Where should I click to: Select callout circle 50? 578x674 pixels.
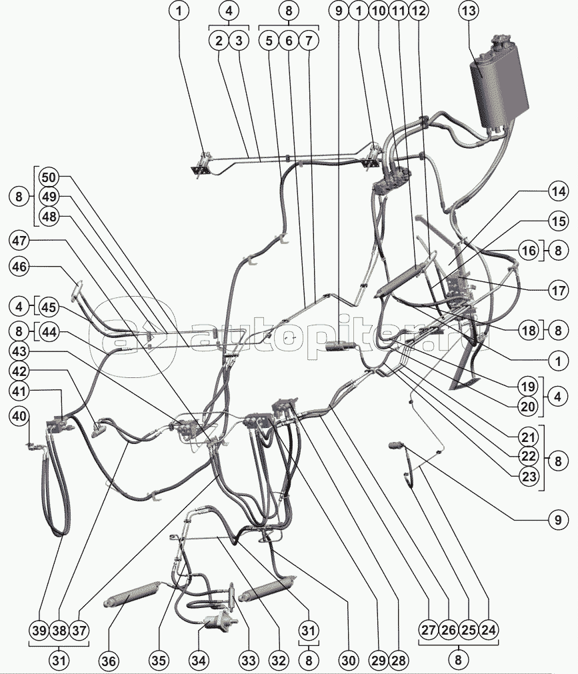click(x=48, y=178)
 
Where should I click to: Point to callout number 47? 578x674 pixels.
click(x=20, y=241)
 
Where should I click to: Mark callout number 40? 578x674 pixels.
click(x=19, y=417)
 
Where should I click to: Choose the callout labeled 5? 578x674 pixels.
click(x=269, y=41)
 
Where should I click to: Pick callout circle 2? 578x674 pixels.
click(x=219, y=41)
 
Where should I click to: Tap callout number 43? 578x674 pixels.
click(x=20, y=350)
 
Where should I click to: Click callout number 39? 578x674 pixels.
click(x=39, y=629)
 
